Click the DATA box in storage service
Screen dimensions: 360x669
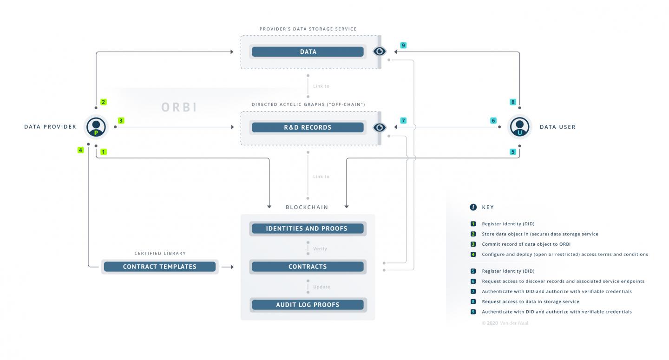click(x=308, y=52)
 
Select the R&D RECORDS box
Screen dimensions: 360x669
click(x=308, y=127)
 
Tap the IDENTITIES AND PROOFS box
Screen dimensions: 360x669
click(x=308, y=229)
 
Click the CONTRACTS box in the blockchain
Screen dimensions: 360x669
click(x=308, y=267)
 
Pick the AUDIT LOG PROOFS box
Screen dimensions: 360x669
click(x=308, y=305)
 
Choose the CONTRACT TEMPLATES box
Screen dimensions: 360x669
click(x=159, y=267)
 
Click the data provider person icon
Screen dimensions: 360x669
click(x=96, y=126)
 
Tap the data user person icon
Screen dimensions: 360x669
click(x=519, y=126)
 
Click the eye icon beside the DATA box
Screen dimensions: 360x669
click(x=380, y=52)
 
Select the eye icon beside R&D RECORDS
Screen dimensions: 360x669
click(x=380, y=127)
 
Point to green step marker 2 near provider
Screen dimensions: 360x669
click(x=104, y=102)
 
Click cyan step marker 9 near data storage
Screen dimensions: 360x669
click(x=403, y=45)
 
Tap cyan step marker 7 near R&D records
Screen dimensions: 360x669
click(x=403, y=120)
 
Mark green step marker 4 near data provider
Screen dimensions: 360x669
click(x=81, y=150)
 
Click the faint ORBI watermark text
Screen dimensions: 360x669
click(x=179, y=107)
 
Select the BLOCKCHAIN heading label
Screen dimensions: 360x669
click(x=307, y=207)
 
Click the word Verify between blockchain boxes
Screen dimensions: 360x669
click(x=320, y=249)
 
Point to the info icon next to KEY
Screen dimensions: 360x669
click(x=473, y=207)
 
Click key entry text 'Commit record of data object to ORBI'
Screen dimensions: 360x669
click(x=526, y=244)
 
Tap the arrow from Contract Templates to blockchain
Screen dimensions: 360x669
click(x=227, y=267)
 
